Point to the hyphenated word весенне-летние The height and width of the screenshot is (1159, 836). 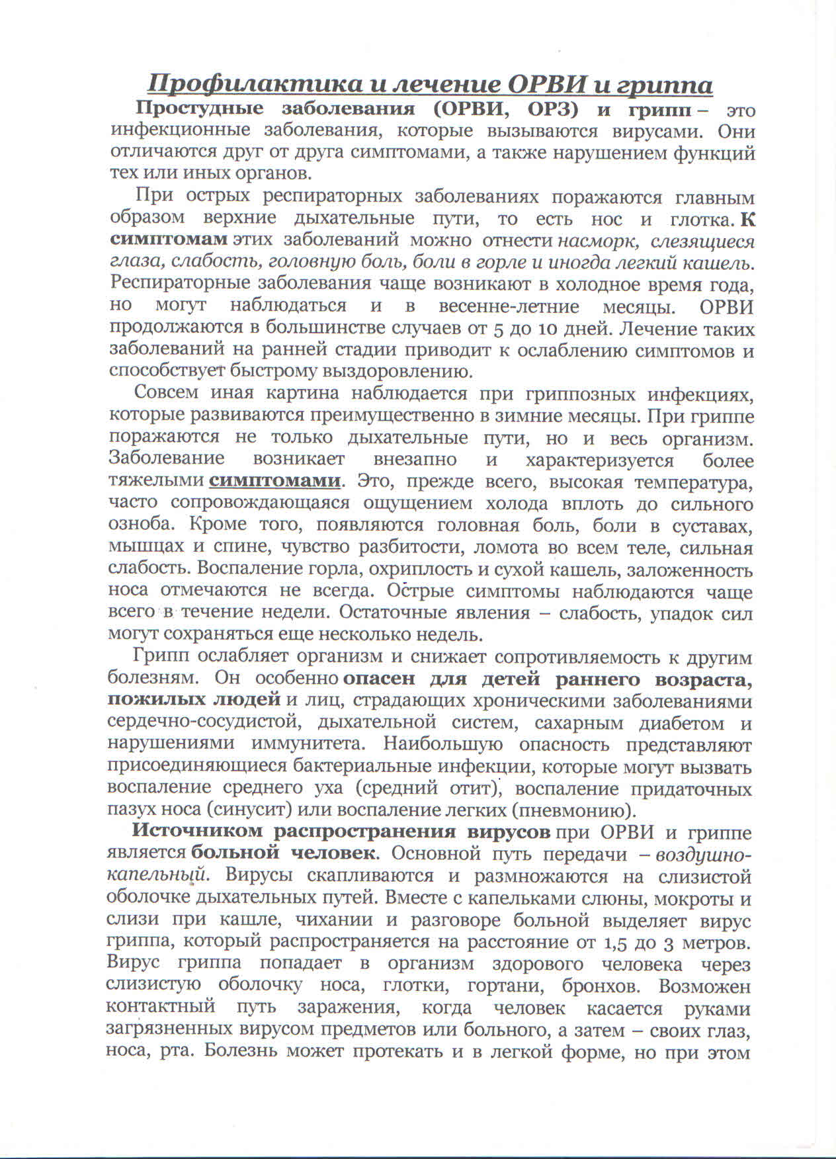(509, 306)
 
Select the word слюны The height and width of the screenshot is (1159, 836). (538, 898)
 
